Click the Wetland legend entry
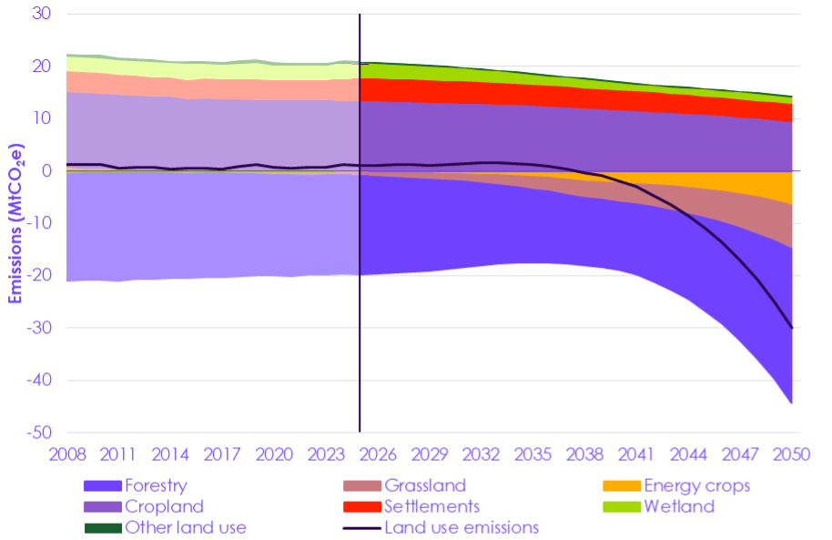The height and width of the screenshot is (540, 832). (678, 506)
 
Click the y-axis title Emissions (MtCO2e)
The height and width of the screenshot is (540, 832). (16, 224)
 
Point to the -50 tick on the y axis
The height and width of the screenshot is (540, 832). (38, 433)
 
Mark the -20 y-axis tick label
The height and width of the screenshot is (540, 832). (38, 276)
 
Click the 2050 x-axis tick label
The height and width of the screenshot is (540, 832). (792, 454)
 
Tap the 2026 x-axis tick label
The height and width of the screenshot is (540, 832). (377, 454)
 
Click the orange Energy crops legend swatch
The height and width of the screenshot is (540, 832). (621, 485)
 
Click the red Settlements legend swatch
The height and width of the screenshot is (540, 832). (360, 506)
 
